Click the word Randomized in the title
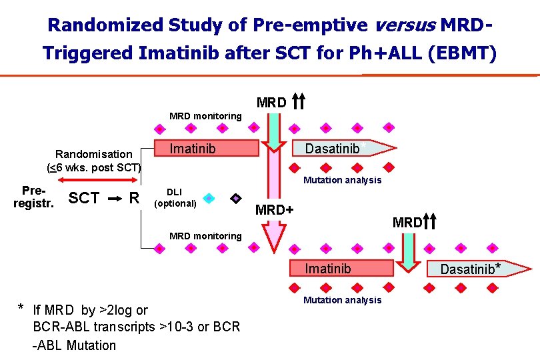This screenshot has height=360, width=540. click(x=103, y=25)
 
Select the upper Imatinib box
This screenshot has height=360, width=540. click(x=207, y=148)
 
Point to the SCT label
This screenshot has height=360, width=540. click(x=84, y=198)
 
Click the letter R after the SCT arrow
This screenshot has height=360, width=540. click(x=134, y=198)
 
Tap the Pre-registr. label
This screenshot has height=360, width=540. click(x=33, y=197)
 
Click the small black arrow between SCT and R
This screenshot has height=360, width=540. click(x=114, y=198)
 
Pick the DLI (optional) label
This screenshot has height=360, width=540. click(x=175, y=197)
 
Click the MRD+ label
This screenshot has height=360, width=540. click(x=275, y=211)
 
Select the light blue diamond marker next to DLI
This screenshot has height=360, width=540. click(x=209, y=198)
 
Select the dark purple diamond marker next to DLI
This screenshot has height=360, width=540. click(x=235, y=198)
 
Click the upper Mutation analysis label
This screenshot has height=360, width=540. click(x=342, y=180)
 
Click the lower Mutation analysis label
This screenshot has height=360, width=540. click(x=342, y=300)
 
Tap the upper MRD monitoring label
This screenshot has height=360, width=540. click(x=205, y=116)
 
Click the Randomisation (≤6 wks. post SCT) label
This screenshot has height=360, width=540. click(x=94, y=160)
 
